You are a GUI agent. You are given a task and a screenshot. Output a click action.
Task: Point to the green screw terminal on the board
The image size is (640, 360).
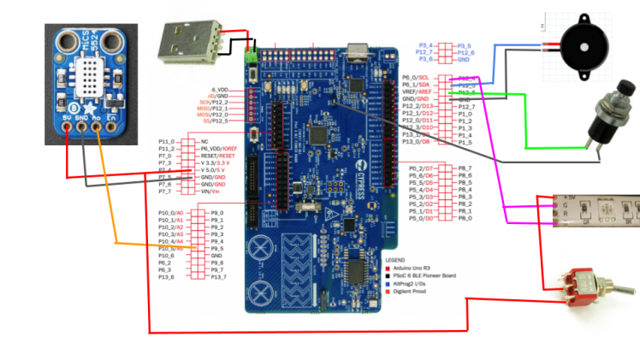coord(252,57)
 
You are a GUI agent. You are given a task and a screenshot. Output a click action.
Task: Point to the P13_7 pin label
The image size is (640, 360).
coord(218,277)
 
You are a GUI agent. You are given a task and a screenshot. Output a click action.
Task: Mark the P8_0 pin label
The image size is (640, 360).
coord(465,218)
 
